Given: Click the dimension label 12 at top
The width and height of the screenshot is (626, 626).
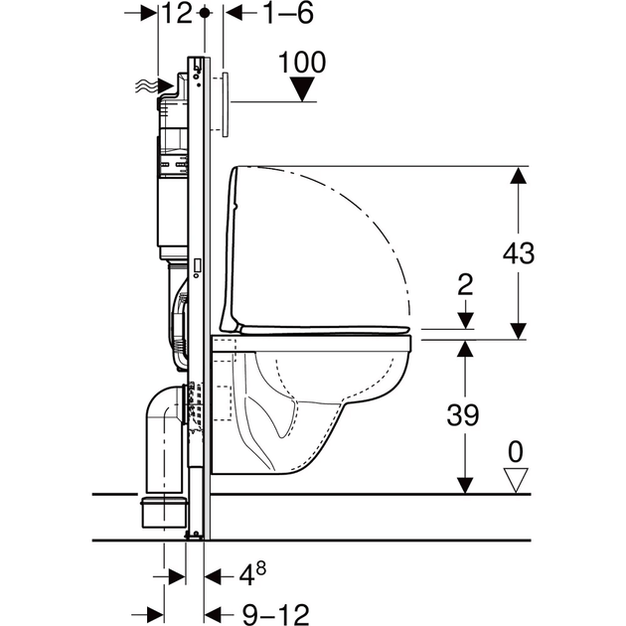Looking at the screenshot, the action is (178, 13).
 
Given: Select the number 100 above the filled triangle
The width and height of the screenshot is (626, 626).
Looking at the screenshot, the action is (302, 63).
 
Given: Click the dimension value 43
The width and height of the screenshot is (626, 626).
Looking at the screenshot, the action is (519, 252).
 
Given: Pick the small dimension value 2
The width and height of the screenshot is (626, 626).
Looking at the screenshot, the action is (465, 284).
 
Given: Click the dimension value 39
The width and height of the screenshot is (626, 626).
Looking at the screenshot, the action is (462, 414).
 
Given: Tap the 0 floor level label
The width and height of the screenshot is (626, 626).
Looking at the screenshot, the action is (516, 452).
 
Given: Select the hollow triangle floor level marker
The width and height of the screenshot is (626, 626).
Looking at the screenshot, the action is (516, 480).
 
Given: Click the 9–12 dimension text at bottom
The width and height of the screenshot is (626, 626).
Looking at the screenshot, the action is (276, 614).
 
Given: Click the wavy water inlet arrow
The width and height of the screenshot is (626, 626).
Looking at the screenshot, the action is (155, 85).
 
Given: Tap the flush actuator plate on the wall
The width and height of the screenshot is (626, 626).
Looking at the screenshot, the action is (226, 104).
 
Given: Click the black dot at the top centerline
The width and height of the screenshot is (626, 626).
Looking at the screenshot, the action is (205, 13).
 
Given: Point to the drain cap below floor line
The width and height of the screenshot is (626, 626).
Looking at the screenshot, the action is (164, 512).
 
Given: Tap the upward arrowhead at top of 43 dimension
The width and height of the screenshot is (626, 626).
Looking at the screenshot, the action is (519, 176).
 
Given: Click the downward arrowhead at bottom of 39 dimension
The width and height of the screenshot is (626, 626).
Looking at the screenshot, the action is (465, 485).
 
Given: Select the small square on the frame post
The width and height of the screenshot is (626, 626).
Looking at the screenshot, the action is (197, 264).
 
